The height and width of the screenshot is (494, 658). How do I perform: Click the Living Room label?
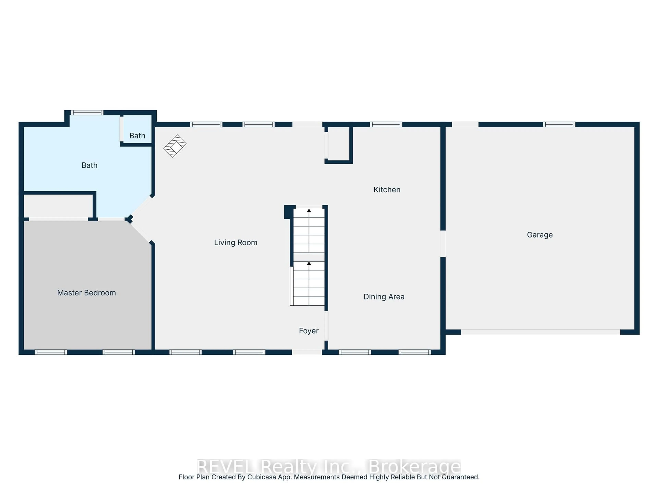click(236, 243)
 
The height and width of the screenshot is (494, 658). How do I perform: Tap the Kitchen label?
click(387, 190)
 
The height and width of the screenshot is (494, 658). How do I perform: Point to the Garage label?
click(540, 235)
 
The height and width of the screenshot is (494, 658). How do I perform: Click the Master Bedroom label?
click(86, 293)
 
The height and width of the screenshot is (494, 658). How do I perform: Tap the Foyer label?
click(308, 331)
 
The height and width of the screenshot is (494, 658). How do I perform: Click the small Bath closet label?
click(137, 136)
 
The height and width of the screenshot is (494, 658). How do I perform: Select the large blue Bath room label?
click(89, 165)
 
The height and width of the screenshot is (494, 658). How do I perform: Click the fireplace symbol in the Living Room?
click(175, 146)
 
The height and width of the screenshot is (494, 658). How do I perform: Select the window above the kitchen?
click(386, 125)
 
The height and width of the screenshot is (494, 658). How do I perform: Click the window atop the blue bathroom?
click(87, 113)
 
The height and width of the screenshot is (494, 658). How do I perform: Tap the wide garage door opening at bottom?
click(540, 332)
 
